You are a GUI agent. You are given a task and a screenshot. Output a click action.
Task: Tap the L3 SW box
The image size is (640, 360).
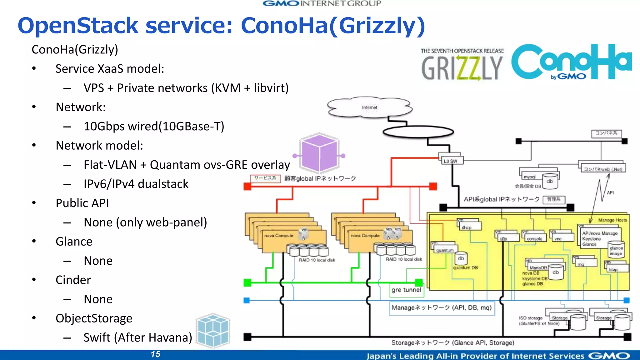pyautogui.click(x=450, y=161)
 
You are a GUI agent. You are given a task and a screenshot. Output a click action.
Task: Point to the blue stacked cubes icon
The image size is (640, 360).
pyautogui.click(x=213, y=331)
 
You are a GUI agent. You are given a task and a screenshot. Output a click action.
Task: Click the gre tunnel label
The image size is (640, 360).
pyautogui.click(x=406, y=290)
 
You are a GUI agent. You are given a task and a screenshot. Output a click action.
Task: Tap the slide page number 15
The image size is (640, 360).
pyautogui.click(x=155, y=354)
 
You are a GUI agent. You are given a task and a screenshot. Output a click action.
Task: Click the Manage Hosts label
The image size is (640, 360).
pyautogui.click(x=612, y=220)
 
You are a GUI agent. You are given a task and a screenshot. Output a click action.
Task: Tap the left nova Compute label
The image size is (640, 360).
pyautogui.click(x=279, y=236)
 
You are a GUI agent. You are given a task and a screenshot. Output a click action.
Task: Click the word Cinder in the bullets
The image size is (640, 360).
pyautogui.click(x=73, y=280)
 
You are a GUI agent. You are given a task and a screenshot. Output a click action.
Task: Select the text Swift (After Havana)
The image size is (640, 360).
pyautogui.click(x=138, y=337)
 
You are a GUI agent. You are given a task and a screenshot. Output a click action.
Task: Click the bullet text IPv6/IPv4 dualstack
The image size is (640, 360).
pyautogui.click(x=136, y=184)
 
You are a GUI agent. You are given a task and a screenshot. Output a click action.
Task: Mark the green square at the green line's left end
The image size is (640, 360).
pyautogui.click(x=247, y=283)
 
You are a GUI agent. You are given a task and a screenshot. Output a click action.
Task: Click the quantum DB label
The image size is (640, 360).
pyautogui.click(x=465, y=268)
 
